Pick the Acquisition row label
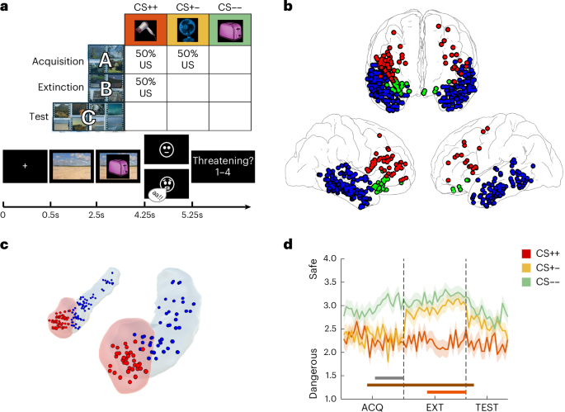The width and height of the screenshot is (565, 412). (x=56, y=61)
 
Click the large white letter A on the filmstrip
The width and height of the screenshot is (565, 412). (x=104, y=59)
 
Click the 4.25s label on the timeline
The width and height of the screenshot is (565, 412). (x=144, y=215)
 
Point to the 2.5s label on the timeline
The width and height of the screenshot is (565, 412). (x=97, y=215)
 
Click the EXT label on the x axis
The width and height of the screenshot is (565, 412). (x=435, y=406)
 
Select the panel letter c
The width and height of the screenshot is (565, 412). (x=5, y=244)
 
